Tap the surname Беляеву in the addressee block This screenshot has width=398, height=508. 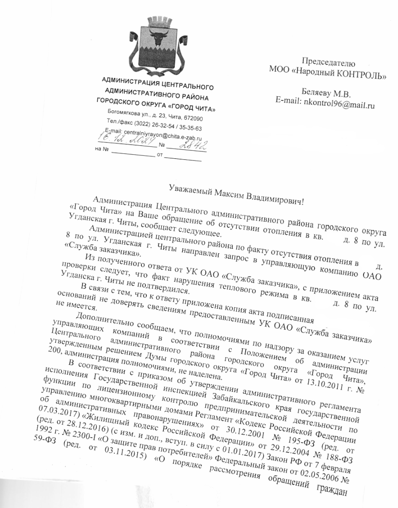(x=320, y=93)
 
